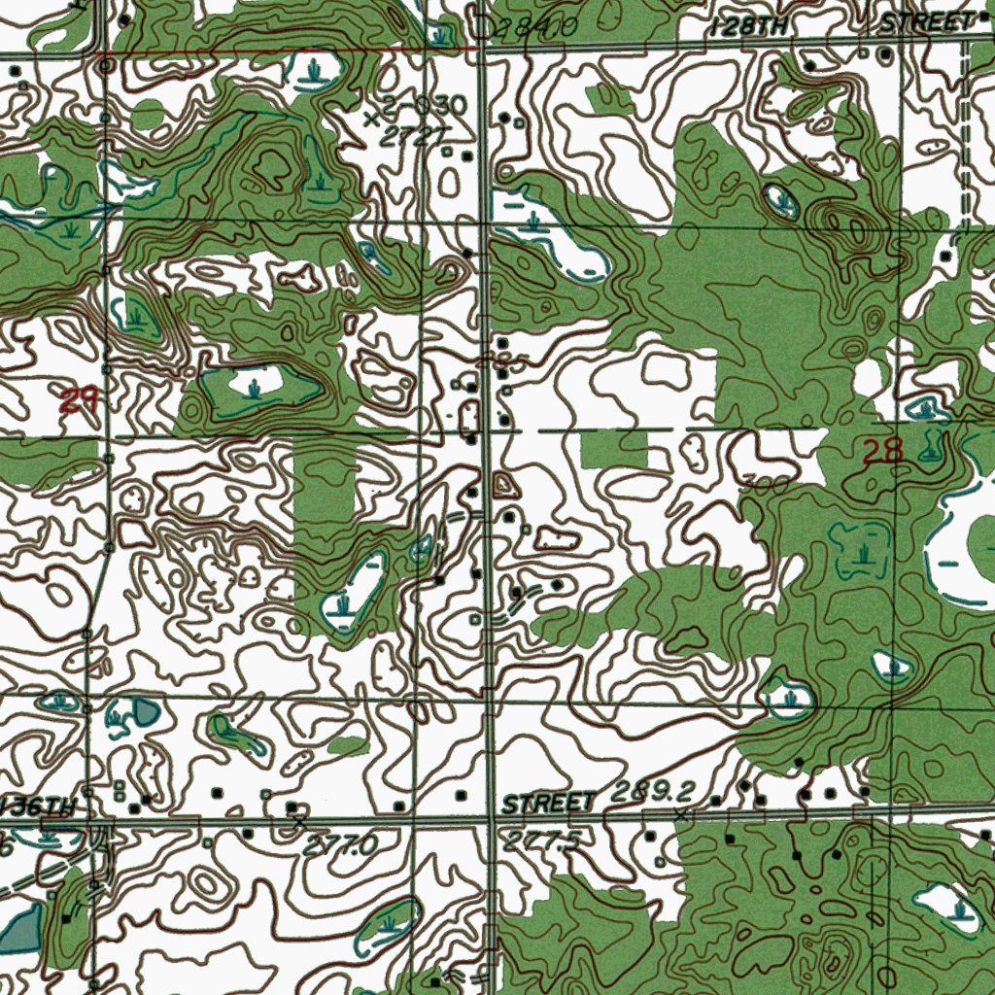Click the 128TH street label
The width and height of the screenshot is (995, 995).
pyautogui.click(x=749, y=27)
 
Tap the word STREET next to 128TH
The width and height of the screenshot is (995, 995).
pyautogui.click(x=927, y=23)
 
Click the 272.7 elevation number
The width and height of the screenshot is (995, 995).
pyautogui.click(x=409, y=137)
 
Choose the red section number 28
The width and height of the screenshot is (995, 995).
pyautogui.click(x=882, y=450)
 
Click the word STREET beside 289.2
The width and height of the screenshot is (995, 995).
pyautogui.click(x=549, y=804)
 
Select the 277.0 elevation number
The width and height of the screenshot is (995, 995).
pyautogui.click(x=339, y=846)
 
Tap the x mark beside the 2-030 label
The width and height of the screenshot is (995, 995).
pyautogui.click(x=370, y=120)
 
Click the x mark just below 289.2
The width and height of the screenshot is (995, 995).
pyautogui.click(x=682, y=815)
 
